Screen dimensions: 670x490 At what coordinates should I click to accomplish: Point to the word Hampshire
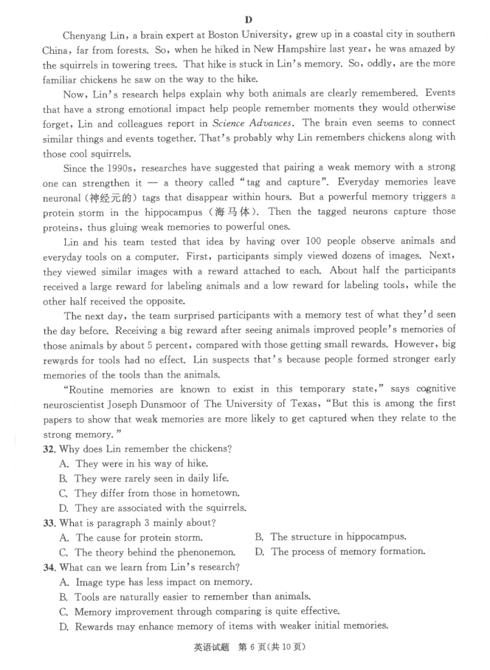pyautogui.click(x=318, y=49)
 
